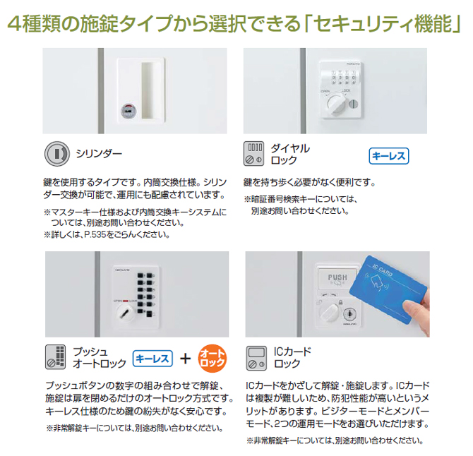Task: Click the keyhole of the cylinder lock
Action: pos(128,110)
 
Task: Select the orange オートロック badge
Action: pos(212,357)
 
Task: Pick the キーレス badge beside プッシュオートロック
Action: pos(152,358)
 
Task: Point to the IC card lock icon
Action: pos(254,357)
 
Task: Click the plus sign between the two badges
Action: pos(186,358)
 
